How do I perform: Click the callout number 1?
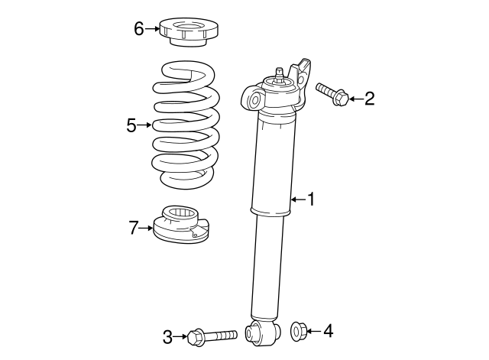pyautogui.click(x=311, y=199)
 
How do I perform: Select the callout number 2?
pyautogui.click(x=369, y=98)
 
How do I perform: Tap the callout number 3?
pyautogui.click(x=166, y=335)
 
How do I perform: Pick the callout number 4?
pyautogui.click(x=328, y=331)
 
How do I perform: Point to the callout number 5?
pyautogui.click(x=131, y=125)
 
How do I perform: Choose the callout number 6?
pyautogui.click(x=138, y=29)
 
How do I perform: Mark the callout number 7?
pyautogui.click(x=134, y=227)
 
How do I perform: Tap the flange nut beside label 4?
pyautogui.click(x=299, y=331)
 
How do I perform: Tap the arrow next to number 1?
pyautogui.click(x=297, y=199)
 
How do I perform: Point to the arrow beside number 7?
pyautogui.click(x=146, y=227)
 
